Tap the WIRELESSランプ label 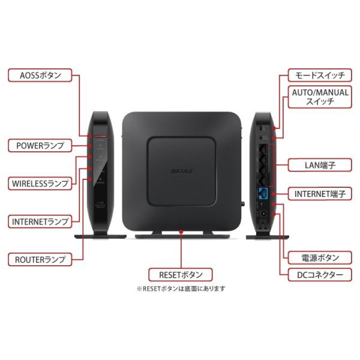click(x=40, y=183)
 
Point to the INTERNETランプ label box click(x=40, y=221)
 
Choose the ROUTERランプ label click(x=40, y=260)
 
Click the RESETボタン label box click(x=181, y=275)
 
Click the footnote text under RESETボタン click(x=181, y=289)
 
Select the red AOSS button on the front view click(x=99, y=137)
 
